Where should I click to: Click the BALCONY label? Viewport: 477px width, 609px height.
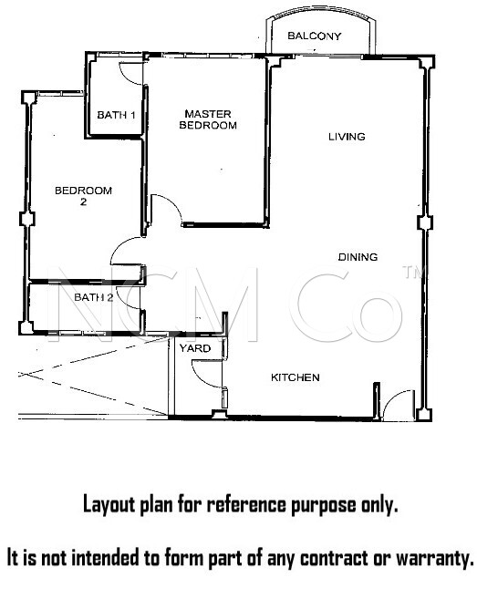point(315,36)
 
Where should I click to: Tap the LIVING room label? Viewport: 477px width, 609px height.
point(347,137)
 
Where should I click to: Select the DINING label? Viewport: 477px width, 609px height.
point(358,257)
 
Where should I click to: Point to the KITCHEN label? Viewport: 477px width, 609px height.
point(296,377)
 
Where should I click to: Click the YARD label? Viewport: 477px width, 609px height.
point(195,348)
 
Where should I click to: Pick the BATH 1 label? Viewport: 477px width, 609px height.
point(116,115)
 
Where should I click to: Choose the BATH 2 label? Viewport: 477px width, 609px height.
point(94,297)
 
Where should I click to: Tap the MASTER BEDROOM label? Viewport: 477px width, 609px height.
point(208,119)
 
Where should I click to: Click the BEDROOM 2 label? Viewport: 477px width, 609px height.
point(84,196)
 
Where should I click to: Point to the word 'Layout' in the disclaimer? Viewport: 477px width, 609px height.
point(109,504)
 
